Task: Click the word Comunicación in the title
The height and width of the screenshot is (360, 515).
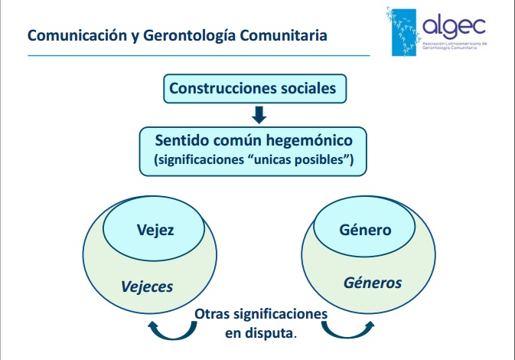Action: [77, 35]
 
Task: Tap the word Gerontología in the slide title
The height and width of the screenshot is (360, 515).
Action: [190, 36]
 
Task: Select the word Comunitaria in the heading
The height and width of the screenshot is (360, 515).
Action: [283, 35]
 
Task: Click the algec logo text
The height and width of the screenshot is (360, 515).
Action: [454, 26]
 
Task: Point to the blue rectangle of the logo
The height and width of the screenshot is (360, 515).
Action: [404, 32]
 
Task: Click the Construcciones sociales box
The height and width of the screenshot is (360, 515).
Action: [255, 88]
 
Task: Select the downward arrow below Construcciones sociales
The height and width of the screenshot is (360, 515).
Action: [259, 115]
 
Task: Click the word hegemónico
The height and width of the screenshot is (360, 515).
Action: [309, 141]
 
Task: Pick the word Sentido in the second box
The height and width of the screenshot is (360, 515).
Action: [182, 140]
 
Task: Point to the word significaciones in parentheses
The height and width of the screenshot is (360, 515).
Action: [200, 160]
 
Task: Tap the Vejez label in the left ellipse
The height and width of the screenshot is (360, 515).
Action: [155, 230]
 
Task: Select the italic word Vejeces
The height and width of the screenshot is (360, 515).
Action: [147, 286]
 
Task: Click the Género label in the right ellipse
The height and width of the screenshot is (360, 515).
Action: [365, 230]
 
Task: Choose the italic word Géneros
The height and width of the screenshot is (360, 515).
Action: [373, 283]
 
